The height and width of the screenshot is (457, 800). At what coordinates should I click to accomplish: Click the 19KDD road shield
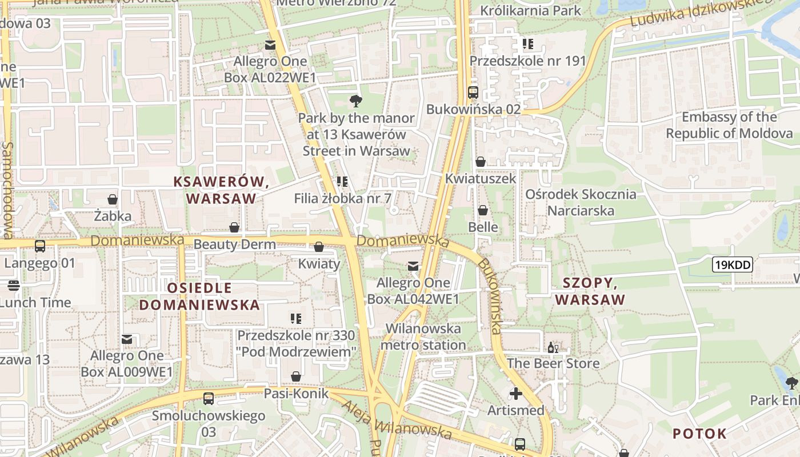pyautogui.click(x=732, y=264)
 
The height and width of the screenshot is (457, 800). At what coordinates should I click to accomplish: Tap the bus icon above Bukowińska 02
pyautogui.click(x=473, y=93)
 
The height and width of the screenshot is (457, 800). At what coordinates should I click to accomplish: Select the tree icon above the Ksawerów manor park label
pyautogui.click(x=355, y=102)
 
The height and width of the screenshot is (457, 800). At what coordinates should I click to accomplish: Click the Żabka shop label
pyautogui.click(x=113, y=217)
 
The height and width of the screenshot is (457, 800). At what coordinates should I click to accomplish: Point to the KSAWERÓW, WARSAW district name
pyautogui.click(x=221, y=190)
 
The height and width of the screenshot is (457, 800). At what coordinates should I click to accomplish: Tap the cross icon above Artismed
pyautogui.click(x=516, y=394)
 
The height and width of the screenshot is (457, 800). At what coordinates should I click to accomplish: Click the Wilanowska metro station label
pyautogui.click(x=423, y=336)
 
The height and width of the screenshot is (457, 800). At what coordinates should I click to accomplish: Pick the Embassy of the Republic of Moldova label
pyautogui.click(x=729, y=125)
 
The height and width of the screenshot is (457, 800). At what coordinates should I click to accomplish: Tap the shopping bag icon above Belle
pyautogui.click(x=483, y=211)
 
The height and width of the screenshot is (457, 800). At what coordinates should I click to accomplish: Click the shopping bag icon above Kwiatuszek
pyautogui.click(x=481, y=162)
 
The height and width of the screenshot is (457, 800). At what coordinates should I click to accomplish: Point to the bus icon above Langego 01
pyautogui.click(x=40, y=246)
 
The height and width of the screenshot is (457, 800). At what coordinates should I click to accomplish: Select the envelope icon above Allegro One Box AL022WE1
pyautogui.click(x=270, y=45)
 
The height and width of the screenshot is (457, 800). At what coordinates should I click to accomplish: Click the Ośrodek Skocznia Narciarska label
pyautogui.click(x=581, y=202)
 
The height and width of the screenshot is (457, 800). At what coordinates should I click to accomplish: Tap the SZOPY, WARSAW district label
pyautogui.click(x=590, y=291)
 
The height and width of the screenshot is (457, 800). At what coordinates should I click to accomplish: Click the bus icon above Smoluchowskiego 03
pyautogui.click(x=209, y=399)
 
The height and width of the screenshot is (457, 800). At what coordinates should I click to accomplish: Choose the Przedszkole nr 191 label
pyautogui.click(x=527, y=61)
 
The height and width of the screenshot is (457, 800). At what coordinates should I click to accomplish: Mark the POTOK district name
pyautogui.click(x=699, y=434)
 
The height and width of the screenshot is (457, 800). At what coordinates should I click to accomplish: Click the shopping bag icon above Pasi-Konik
pyautogui.click(x=296, y=376)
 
